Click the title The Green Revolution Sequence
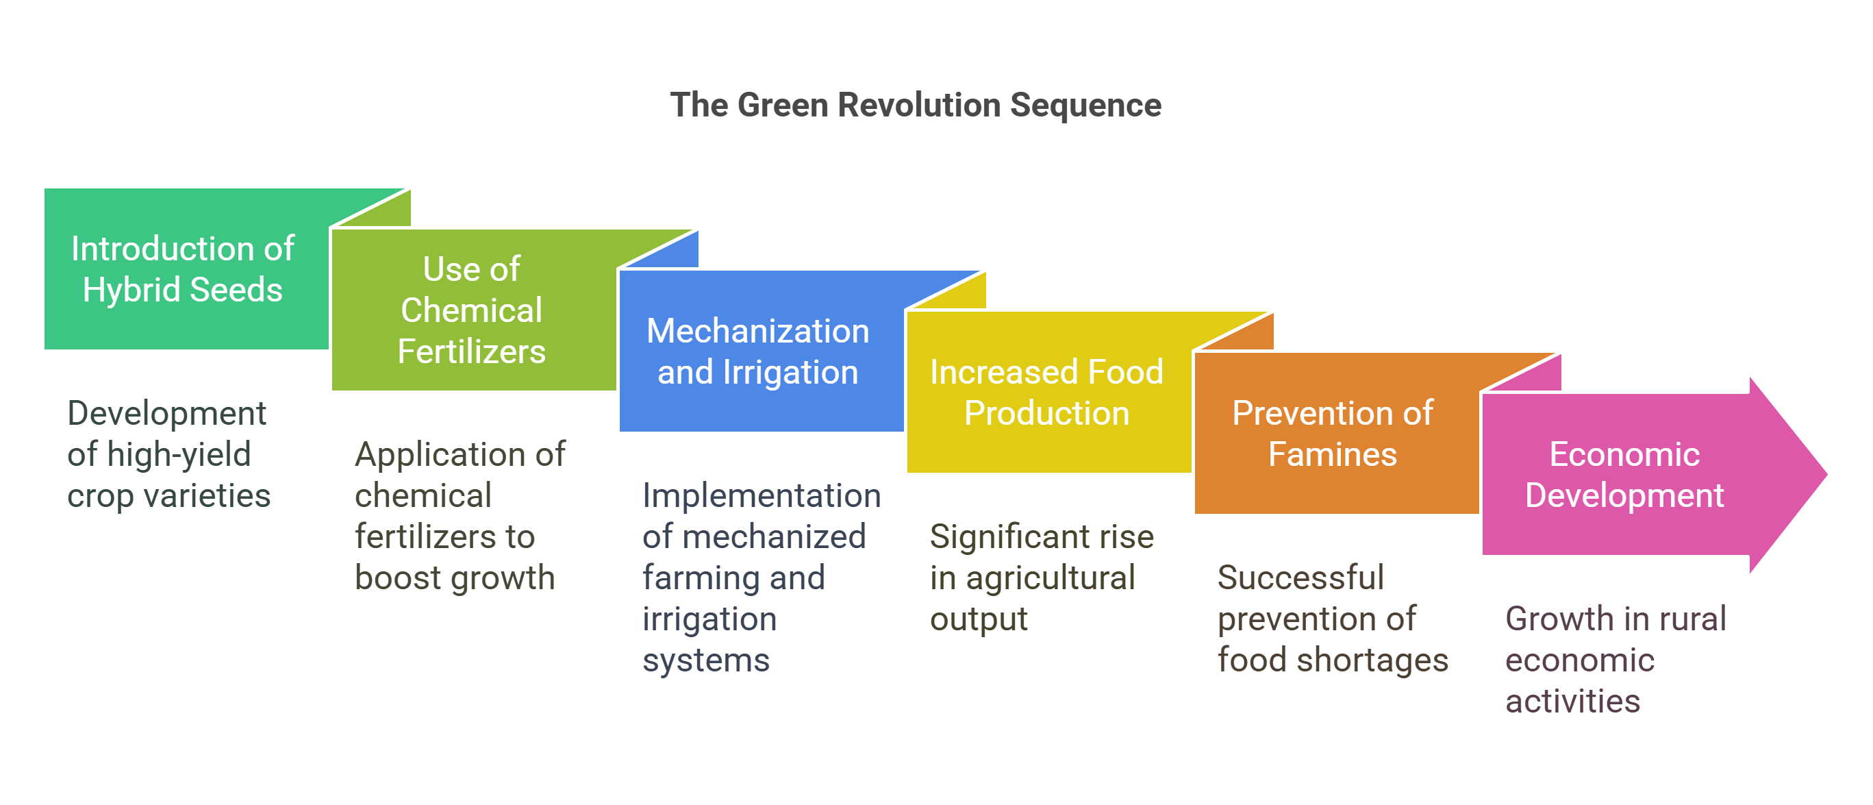pos(915,105)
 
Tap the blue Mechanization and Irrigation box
pos(757,352)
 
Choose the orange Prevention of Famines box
pos(1332,434)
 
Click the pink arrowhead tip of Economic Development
pos(1811,475)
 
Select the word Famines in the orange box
pos(1332,455)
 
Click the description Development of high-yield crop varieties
pos(168,454)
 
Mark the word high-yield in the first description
pos(179,454)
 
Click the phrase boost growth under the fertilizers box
pos(455,578)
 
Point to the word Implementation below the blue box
pos(762,496)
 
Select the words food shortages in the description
pos(1332,660)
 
